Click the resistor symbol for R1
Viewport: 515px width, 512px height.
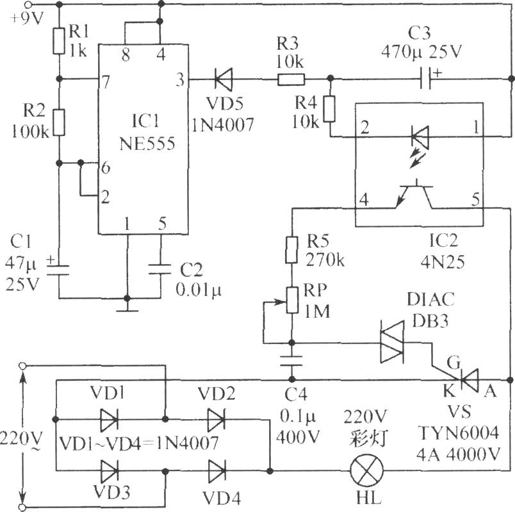[59, 41]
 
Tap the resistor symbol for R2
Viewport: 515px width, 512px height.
[59, 123]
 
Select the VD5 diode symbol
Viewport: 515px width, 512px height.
[224, 79]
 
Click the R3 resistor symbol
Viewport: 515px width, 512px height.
[291, 79]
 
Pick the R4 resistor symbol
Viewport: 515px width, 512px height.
[330, 109]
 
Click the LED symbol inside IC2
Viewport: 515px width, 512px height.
[420, 136]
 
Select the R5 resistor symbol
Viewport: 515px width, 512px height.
[291, 250]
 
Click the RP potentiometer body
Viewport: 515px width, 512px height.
[291, 300]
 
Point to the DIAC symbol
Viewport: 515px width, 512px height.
[392, 342]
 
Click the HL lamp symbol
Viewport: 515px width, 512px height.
[367, 471]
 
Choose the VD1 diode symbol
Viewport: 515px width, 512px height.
[109, 420]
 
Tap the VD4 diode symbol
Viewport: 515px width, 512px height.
[217, 471]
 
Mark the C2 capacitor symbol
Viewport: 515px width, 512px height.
[160, 269]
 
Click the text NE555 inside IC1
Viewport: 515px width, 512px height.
[147, 144]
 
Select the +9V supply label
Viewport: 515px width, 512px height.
[27, 19]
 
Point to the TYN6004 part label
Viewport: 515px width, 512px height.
[459, 433]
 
